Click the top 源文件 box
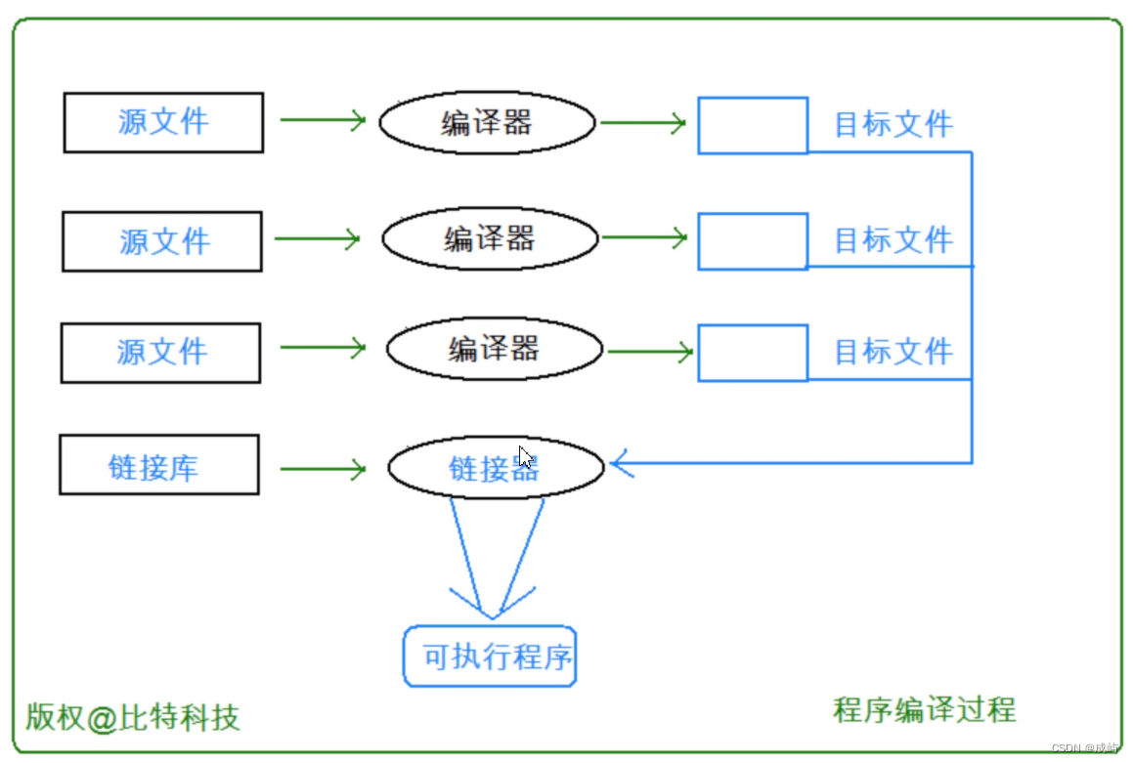[x=163, y=122]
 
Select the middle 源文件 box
[x=162, y=241]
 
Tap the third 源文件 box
[x=161, y=353]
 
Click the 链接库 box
[x=159, y=465]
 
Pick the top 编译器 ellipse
[x=487, y=123]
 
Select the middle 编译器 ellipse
[x=490, y=238]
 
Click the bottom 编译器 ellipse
[x=494, y=349]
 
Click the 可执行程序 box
[x=490, y=657]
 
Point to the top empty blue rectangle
[x=753, y=125]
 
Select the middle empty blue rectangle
[x=753, y=241]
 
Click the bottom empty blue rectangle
[x=753, y=353]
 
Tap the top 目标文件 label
[x=893, y=125]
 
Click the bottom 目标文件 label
[x=893, y=352]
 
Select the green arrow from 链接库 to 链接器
[x=323, y=470]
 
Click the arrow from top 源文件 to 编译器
[x=323, y=120]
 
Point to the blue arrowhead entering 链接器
[x=622, y=463]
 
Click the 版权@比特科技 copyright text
[x=132, y=718]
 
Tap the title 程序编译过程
[x=924, y=709]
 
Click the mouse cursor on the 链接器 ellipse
[x=525, y=457]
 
